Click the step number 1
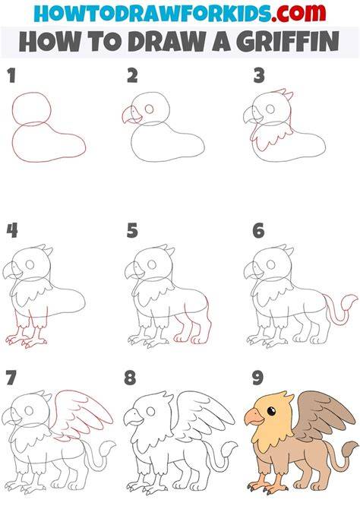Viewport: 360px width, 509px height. [11, 76]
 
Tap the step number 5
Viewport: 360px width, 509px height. [132, 230]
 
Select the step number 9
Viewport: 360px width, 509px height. [257, 378]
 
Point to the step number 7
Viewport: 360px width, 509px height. [11, 378]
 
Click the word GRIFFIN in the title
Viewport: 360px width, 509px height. [288, 42]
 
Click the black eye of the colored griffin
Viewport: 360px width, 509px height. [271, 411]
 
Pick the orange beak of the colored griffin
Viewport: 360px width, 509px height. [254, 416]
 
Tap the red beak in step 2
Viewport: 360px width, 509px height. [131, 115]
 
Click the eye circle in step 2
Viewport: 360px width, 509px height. [149, 109]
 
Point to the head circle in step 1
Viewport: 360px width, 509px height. [31, 93]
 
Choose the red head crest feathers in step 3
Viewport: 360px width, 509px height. [283, 93]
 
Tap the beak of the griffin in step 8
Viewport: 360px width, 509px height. [133, 417]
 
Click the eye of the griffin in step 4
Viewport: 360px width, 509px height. [30, 264]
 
